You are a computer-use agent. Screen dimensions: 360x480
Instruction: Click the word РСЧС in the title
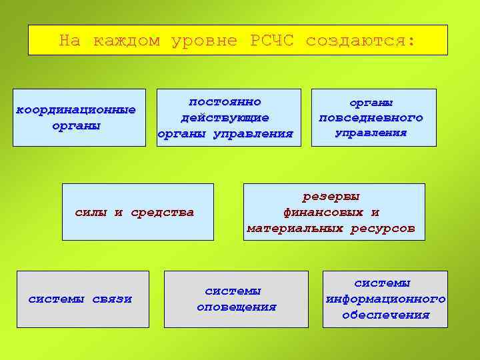click(x=274, y=41)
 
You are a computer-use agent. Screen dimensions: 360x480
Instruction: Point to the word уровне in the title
click(x=209, y=41)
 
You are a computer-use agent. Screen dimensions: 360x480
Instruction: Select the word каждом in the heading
click(x=127, y=41)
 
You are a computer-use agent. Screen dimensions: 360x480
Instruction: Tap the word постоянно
click(x=225, y=102)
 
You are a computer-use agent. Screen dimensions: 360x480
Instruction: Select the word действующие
click(x=225, y=118)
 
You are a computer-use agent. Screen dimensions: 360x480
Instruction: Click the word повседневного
click(x=371, y=118)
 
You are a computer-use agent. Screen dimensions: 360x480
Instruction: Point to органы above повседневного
click(x=371, y=103)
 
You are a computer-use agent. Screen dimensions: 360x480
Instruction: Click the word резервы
click(x=331, y=197)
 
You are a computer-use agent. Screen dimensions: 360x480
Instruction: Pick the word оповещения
click(x=236, y=307)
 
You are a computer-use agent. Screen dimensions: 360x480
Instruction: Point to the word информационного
click(x=385, y=299)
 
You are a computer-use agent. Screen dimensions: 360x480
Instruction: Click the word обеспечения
click(x=385, y=315)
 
